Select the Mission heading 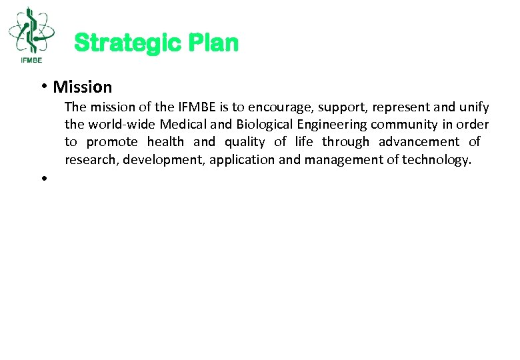[83, 87]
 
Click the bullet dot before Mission [43, 86]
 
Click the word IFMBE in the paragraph [196, 107]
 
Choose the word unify [473, 107]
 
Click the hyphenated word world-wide [122, 125]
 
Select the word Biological [266, 125]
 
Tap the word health [165, 142]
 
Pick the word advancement [419, 142]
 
